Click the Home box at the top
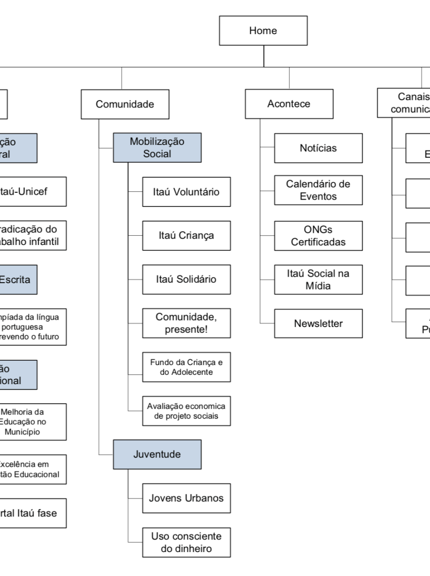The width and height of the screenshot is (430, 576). point(263,31)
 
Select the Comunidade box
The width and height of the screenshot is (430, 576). point(125,104)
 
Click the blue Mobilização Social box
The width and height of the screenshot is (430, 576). point(157,147)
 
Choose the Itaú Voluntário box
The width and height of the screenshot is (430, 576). point(186,192)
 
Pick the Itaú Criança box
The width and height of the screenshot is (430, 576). point(186,235)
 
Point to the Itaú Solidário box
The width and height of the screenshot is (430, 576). point(186,279)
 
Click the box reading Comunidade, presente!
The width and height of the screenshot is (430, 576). point(186,323)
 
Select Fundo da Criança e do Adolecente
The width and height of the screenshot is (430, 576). point(186,367)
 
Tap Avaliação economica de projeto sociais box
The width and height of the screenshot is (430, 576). point(186,411)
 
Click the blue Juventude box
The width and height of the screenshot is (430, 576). point(157,454)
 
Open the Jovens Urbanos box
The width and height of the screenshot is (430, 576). point(186,498)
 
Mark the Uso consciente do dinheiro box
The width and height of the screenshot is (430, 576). point(186,542)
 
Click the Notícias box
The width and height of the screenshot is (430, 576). point(318,148)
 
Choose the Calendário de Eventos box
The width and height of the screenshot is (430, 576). point(318,190)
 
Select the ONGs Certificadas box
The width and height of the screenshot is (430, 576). point(318,236)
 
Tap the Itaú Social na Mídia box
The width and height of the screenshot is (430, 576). point(318,280)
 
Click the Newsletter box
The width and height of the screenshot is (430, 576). point(318,323)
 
